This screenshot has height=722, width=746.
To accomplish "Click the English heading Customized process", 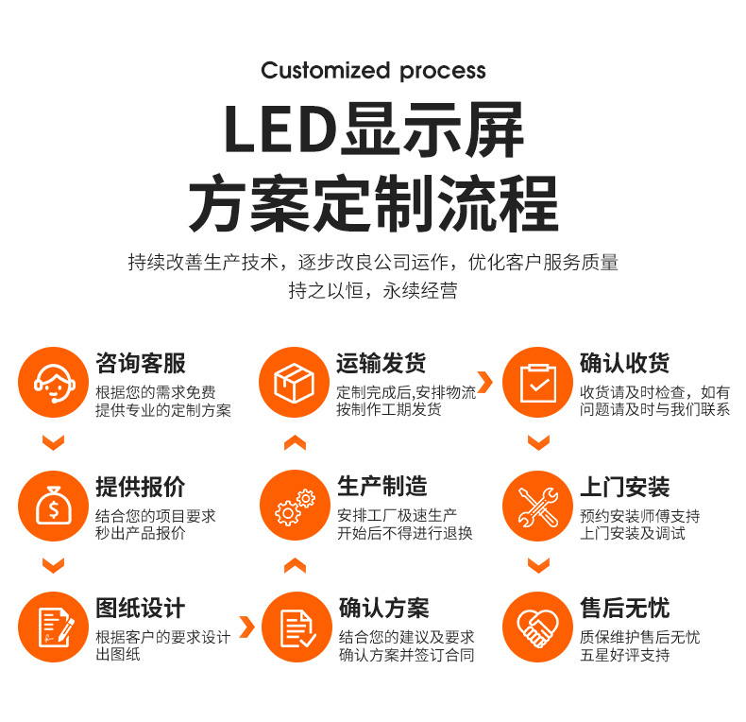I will click(373, 71).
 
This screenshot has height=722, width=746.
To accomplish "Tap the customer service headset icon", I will click(54, 383).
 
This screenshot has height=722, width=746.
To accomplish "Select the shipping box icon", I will click(295, 383).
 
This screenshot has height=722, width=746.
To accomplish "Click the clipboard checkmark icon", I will click(537, 383).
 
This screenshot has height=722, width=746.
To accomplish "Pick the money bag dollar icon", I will click(54, 507).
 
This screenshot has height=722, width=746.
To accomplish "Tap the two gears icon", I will click(295, 507).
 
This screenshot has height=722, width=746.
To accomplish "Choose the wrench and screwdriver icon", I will click(537, 507).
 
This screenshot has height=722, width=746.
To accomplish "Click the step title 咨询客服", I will click(141, 363).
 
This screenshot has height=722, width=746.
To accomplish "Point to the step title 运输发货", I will click(381, 363).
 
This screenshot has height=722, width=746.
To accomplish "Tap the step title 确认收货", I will click(624, 363).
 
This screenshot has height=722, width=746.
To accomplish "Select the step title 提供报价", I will click(141, 487).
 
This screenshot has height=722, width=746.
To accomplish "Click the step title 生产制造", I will click(381, 487).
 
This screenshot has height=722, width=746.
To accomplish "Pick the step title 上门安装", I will click(624, 487).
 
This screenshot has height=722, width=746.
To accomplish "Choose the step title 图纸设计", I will click(141, 608).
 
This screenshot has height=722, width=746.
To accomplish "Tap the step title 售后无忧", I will click(624, 608).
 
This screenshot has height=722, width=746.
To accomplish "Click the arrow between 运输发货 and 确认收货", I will click(484, 383).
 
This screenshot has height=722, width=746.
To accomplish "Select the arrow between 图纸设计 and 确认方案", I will click(246, 627).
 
